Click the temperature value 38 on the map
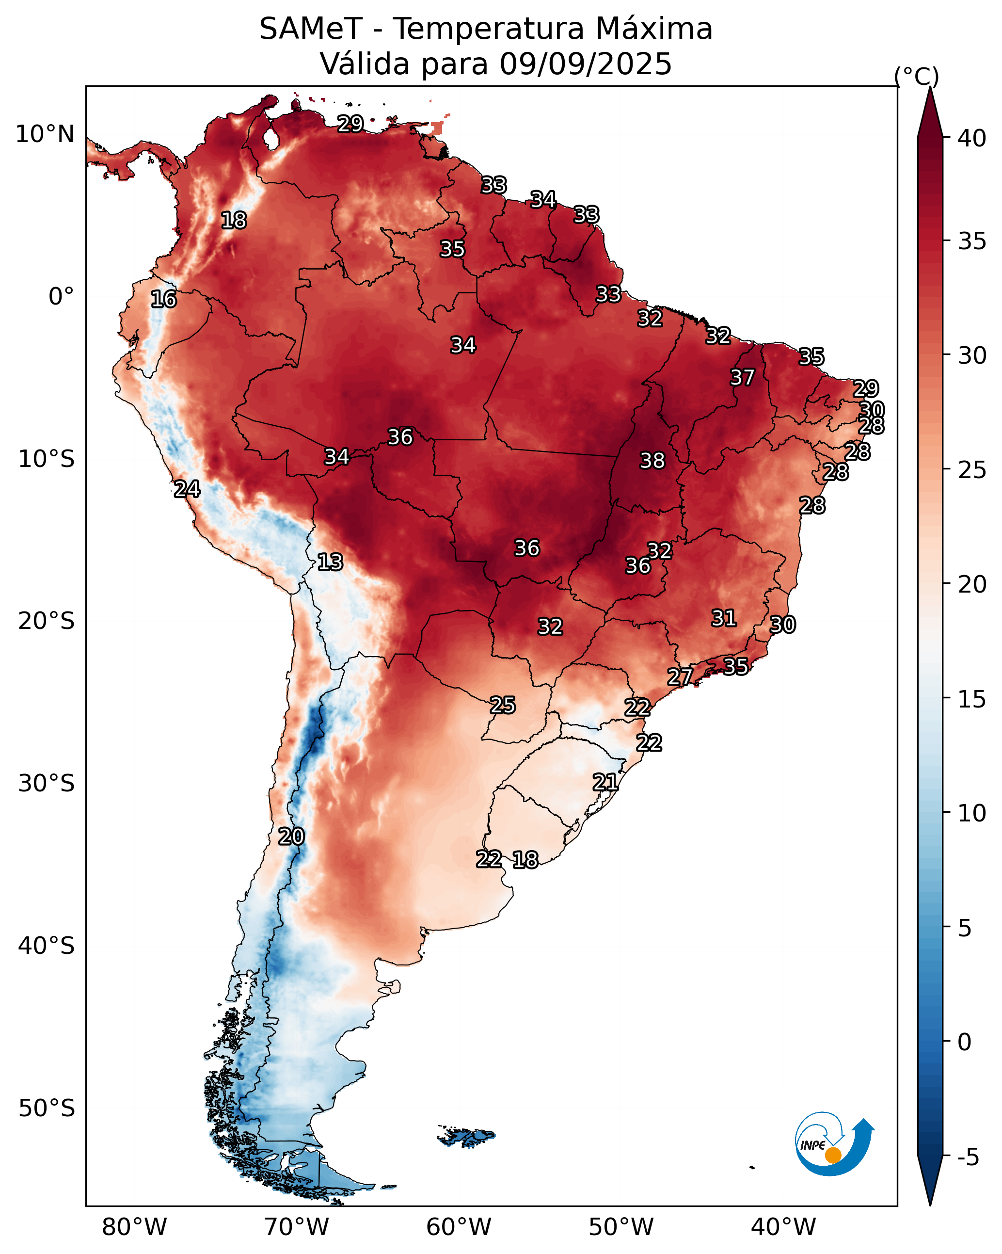pos(652,461)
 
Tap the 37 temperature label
pos(742,377)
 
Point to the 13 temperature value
pos(330,562)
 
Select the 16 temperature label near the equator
pos(163,299)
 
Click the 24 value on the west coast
pos(187,489)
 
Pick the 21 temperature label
pos(605,782)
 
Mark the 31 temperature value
pos(724,618)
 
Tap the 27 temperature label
pos(680,676)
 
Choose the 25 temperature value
pos(502,705)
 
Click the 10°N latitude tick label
pos(45,134)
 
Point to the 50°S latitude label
pos(47,1109)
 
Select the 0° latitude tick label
pos(61,297)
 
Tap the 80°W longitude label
pos(134,1227)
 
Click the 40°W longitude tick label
pos(783,1227)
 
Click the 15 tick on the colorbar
pos(972,700)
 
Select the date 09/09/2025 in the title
pos(586,64)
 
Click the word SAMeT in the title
pos(311,29)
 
